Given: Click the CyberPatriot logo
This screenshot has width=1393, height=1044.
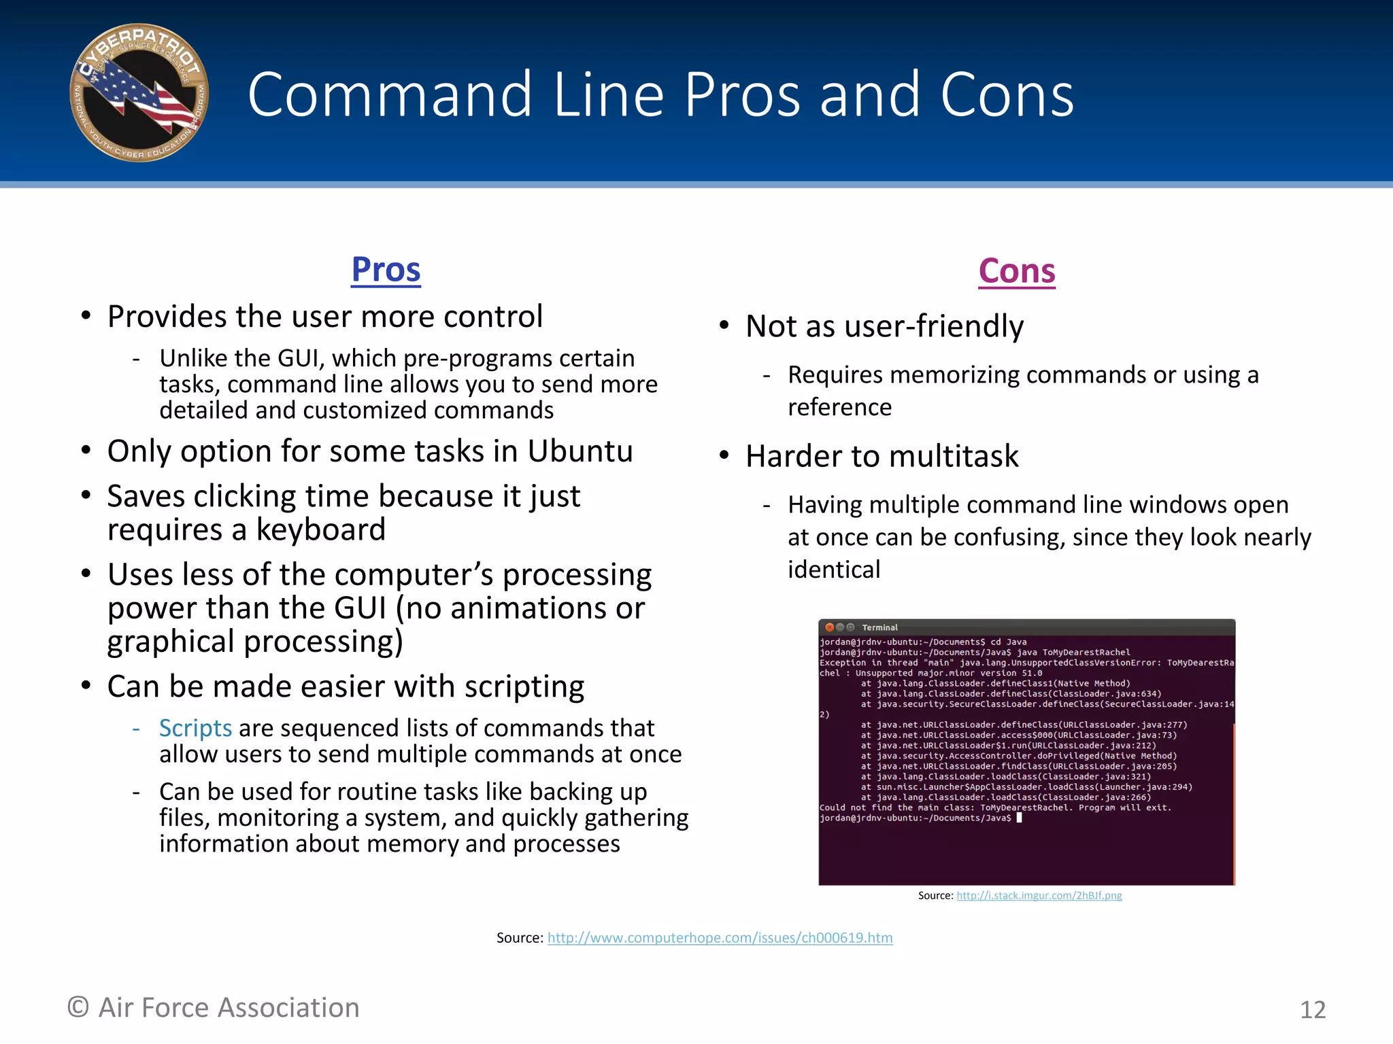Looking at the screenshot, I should point(139,93).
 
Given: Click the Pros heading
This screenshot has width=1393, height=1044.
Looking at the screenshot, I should point(386,270).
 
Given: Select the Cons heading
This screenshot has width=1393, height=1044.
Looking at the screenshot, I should point(1017,271).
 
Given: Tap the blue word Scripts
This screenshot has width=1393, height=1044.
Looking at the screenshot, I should point(195,728).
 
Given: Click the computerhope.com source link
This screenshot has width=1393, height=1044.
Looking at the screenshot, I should point(720,938).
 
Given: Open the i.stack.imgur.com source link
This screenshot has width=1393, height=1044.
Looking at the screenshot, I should point(1039,896).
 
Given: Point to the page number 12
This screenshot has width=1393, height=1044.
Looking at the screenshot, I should point(1313,1010).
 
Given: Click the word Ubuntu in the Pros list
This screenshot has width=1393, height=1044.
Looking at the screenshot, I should point(580,452).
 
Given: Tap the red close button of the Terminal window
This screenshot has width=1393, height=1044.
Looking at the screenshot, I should point(829,627).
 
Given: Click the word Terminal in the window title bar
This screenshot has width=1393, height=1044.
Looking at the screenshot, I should point(879,627).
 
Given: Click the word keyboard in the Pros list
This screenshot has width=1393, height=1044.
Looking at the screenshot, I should point(320,530).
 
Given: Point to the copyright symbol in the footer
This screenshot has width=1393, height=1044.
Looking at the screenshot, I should point(78,1007).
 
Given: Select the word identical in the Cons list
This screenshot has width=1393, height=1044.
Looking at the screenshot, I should point(834,570).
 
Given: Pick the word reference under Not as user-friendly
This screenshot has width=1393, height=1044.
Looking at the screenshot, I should point(839,407).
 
